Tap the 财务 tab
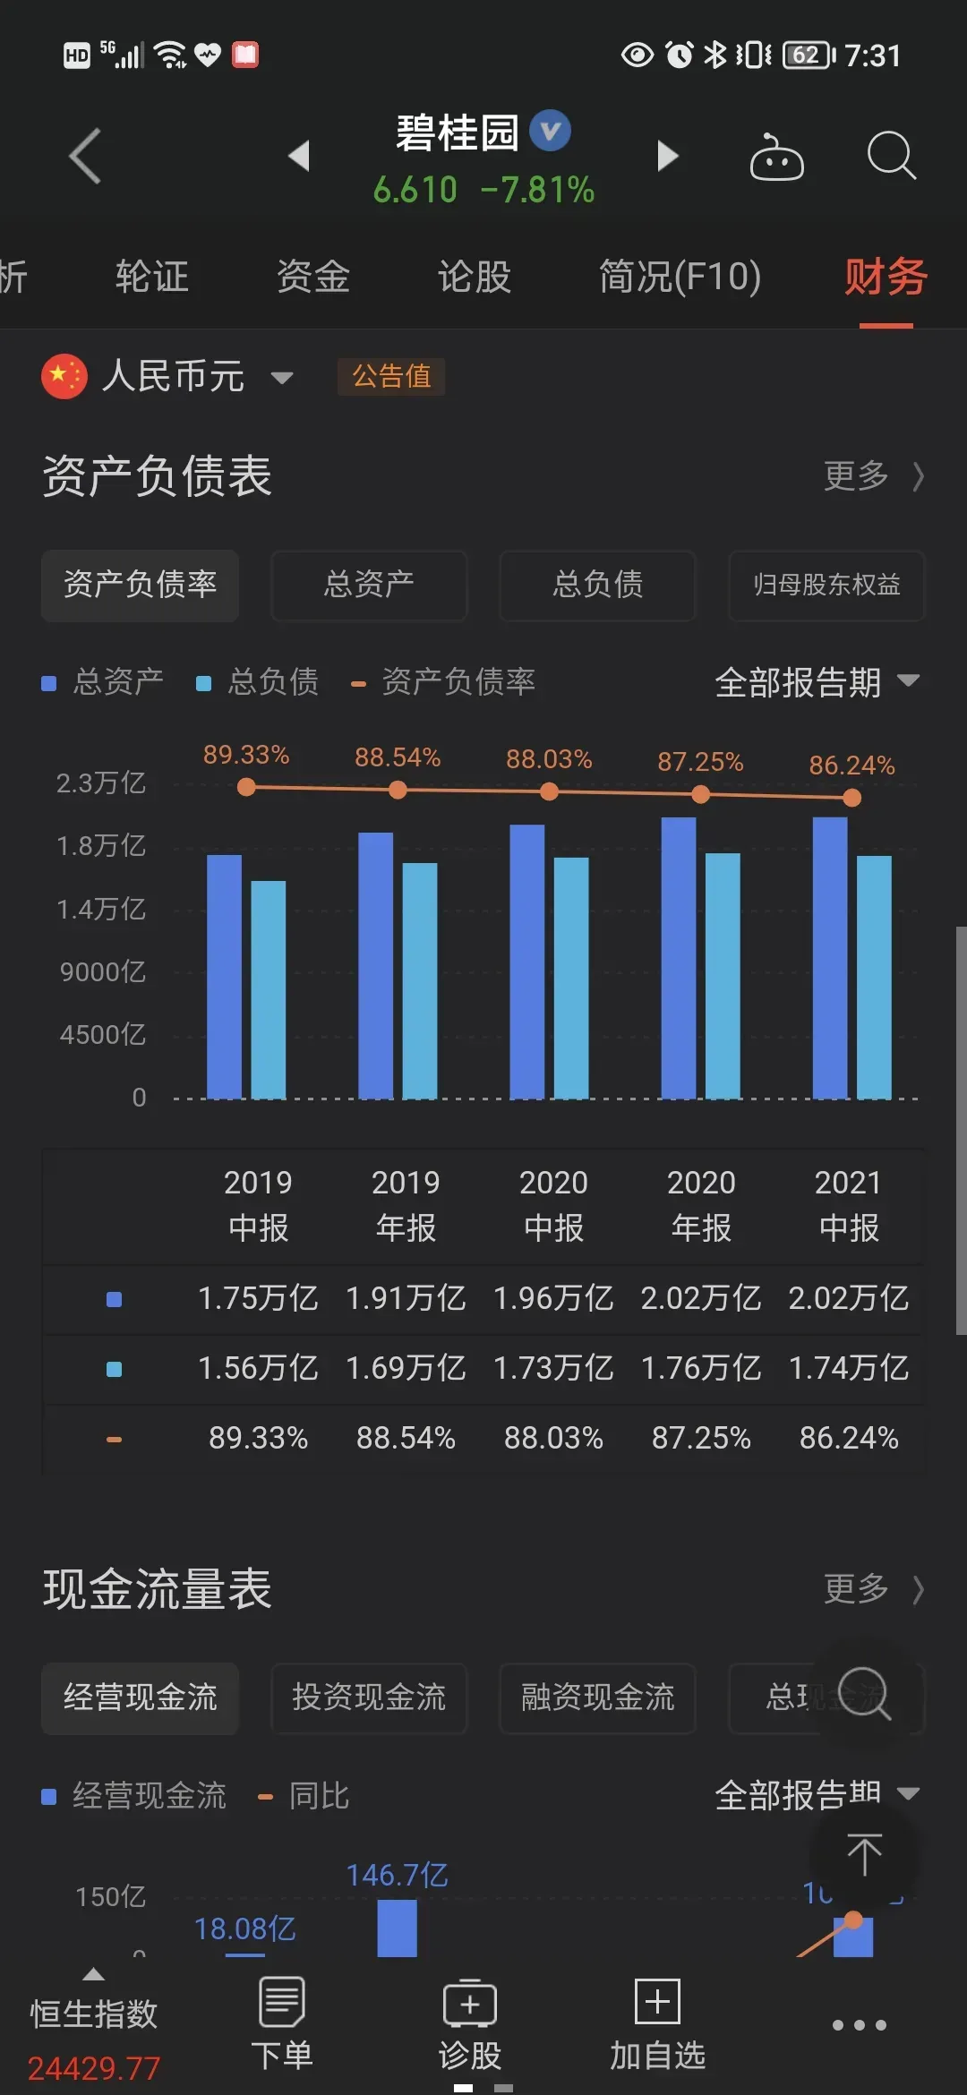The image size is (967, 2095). tap(886, 277)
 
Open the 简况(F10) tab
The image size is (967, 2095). tap(680, 277)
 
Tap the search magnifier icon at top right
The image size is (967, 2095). tap(891, 156)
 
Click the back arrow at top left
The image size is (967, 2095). tap(85, 156)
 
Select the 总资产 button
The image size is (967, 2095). tap(369, 585)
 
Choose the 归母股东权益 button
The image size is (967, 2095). tap(826, 585)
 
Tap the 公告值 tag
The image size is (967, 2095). tap(391, 376)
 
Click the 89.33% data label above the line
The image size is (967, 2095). tap(246, 755)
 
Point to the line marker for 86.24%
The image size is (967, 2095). tap(852, 798)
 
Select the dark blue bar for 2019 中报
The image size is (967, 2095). tap(224, 976)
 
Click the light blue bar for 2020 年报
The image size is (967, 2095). tap(723, 976)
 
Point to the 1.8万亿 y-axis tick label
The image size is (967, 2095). tap(101, 846)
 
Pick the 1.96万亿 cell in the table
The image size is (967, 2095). tap(553, 1298)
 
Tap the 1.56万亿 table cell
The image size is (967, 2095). tap(258, 1368)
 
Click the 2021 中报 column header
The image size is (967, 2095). tap(849, 1205)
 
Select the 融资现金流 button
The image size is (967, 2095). tap(597, 1697)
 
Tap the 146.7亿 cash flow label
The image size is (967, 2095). tap(397, 1875)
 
